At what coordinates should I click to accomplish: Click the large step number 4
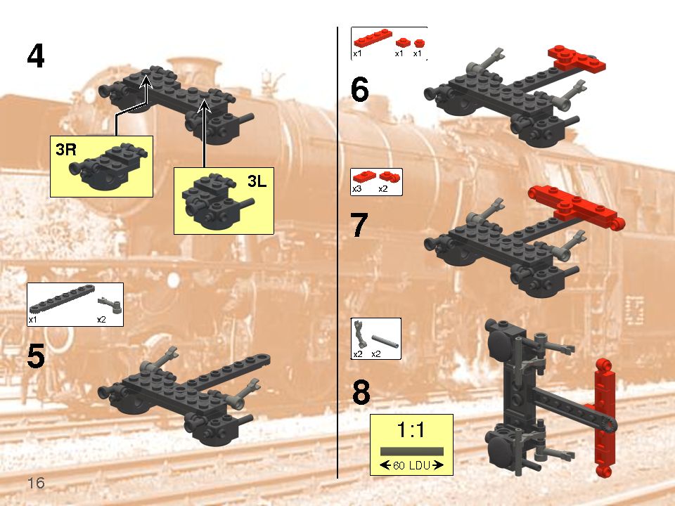point(36,56)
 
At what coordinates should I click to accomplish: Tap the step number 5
point(36,357)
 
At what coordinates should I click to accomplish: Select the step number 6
point(359,91)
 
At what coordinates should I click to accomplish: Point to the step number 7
point(359,225)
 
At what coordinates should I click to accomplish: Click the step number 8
point(361,394)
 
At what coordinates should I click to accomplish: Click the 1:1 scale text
point(411,430)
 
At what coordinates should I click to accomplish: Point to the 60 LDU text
point(411,465)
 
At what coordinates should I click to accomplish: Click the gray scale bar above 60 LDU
point(411,450)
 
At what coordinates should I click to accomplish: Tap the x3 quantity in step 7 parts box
point(356,189)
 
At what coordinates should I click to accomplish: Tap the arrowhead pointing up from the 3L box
point(205,105)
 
